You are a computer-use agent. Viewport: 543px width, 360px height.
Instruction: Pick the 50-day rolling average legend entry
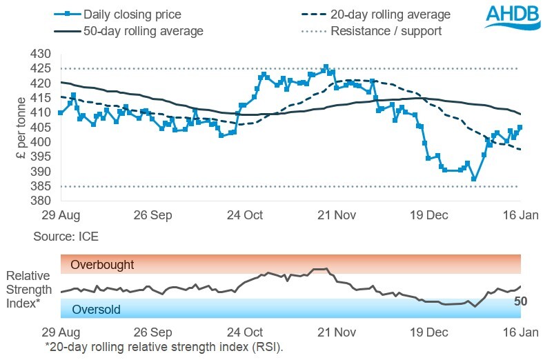[128, 31]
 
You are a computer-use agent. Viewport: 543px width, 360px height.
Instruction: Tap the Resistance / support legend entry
[386, 31]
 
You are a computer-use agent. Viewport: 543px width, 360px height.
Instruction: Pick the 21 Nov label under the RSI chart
[335, 332]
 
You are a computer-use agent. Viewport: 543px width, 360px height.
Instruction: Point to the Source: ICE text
[66, 237]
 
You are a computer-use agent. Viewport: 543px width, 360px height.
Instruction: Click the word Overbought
[102, 265]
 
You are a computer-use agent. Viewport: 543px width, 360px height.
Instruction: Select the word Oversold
[96, 310]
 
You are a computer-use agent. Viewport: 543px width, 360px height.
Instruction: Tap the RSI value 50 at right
[522, 301]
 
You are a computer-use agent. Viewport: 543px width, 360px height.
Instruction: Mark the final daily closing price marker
[520, 127]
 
